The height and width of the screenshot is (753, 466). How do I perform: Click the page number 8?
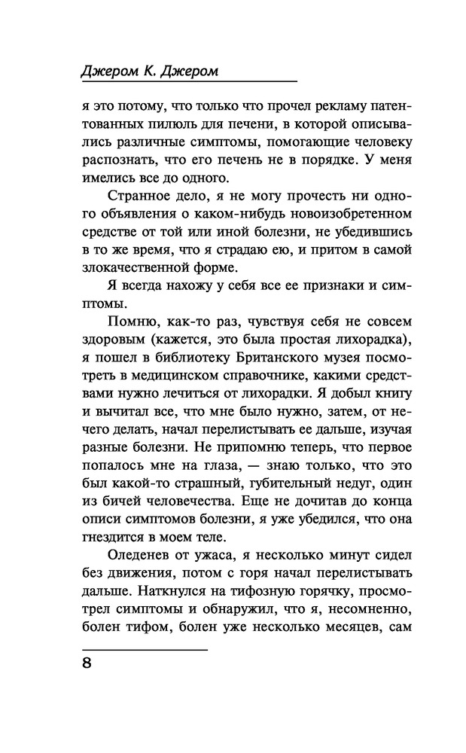87,664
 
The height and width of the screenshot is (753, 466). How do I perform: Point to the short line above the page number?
144,647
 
